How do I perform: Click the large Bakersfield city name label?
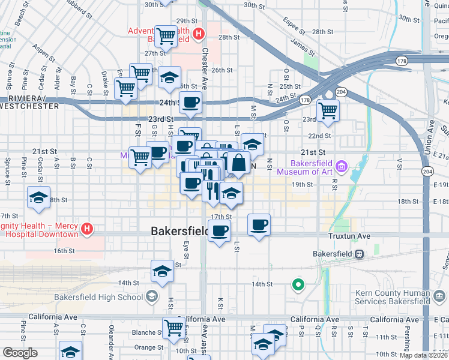click(x=180, y=231)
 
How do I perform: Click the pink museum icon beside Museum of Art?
click(x=342, y=165)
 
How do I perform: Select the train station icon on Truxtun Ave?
click(x=358, y=253)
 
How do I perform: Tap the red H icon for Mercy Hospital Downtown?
click(x=87, y=229)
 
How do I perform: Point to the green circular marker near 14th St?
click(x=297, y=284)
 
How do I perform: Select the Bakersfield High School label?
click(x=98, y=296)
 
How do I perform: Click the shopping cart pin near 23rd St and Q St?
click(x=328, y=110)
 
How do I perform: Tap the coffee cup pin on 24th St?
click(x=191, y=103)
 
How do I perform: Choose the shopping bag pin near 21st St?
click(x=238, y=163)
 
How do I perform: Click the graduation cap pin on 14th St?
click(x=162, y=271)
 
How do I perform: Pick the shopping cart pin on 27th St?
click(x=166, y=35)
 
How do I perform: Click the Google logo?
click(x=20, y=352)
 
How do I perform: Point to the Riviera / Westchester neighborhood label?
click(x=30, y=102)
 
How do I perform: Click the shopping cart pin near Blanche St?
click(x=173, y=328)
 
